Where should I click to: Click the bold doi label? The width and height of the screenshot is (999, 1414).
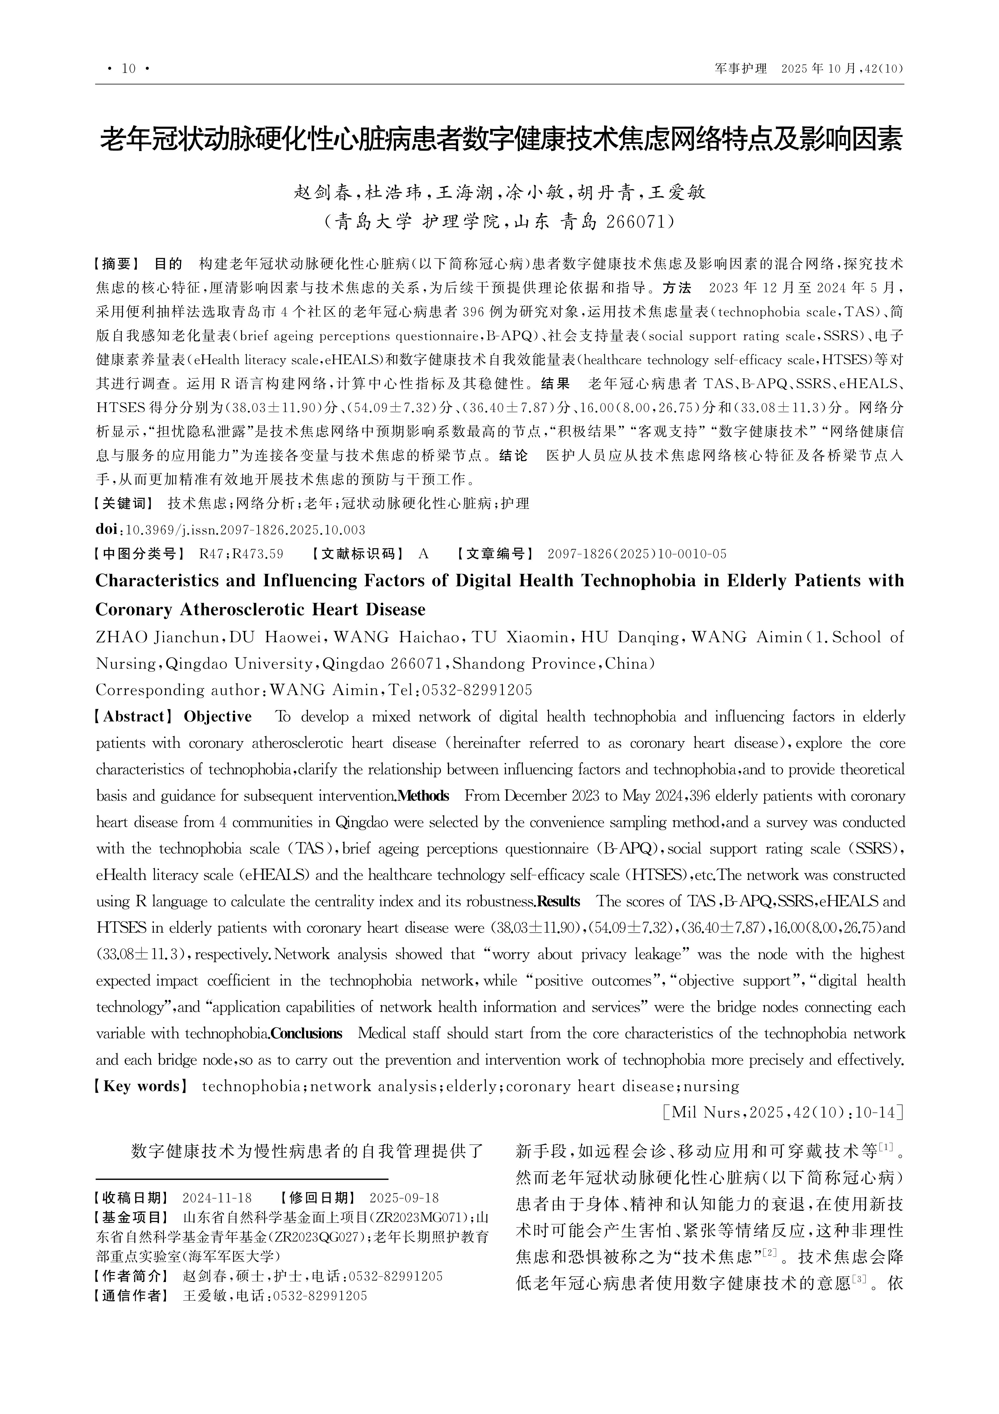point(108,529)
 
